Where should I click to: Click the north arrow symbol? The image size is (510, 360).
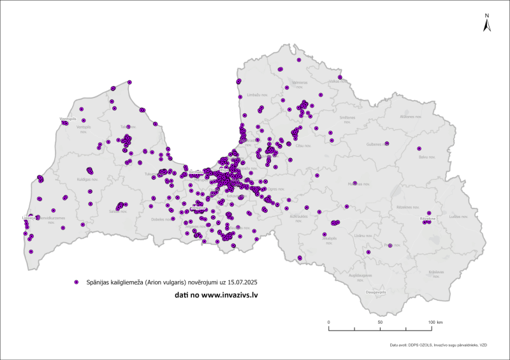point(486,24)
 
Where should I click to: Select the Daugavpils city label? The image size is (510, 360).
point(376,292)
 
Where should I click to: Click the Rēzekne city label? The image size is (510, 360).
point(427,219)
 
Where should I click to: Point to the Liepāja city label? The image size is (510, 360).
point(28,217)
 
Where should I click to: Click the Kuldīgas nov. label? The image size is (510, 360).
point(87,179)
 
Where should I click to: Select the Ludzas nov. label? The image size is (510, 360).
point(458,217)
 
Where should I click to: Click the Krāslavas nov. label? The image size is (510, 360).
point(435,272)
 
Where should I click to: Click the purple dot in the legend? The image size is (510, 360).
point(76,281)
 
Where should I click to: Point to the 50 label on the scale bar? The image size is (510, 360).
point(380,322)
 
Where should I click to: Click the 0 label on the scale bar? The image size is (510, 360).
point(328,322)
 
